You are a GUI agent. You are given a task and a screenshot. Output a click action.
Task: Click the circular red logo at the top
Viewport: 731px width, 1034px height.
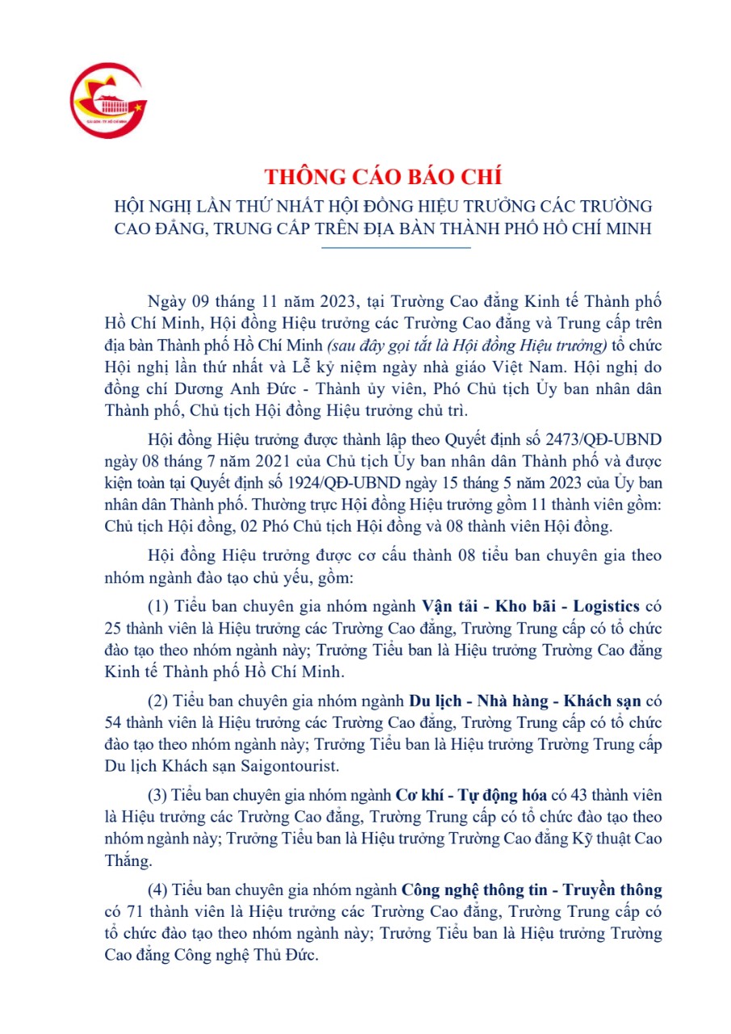coord(108,100)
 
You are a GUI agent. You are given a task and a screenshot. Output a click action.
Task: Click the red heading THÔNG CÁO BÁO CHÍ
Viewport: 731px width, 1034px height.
coord(384,176)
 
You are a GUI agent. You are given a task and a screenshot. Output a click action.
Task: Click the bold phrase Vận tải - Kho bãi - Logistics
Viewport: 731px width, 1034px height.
coord(532,606)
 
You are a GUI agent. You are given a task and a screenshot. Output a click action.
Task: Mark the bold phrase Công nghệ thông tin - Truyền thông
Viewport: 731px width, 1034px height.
coord(531,889)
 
